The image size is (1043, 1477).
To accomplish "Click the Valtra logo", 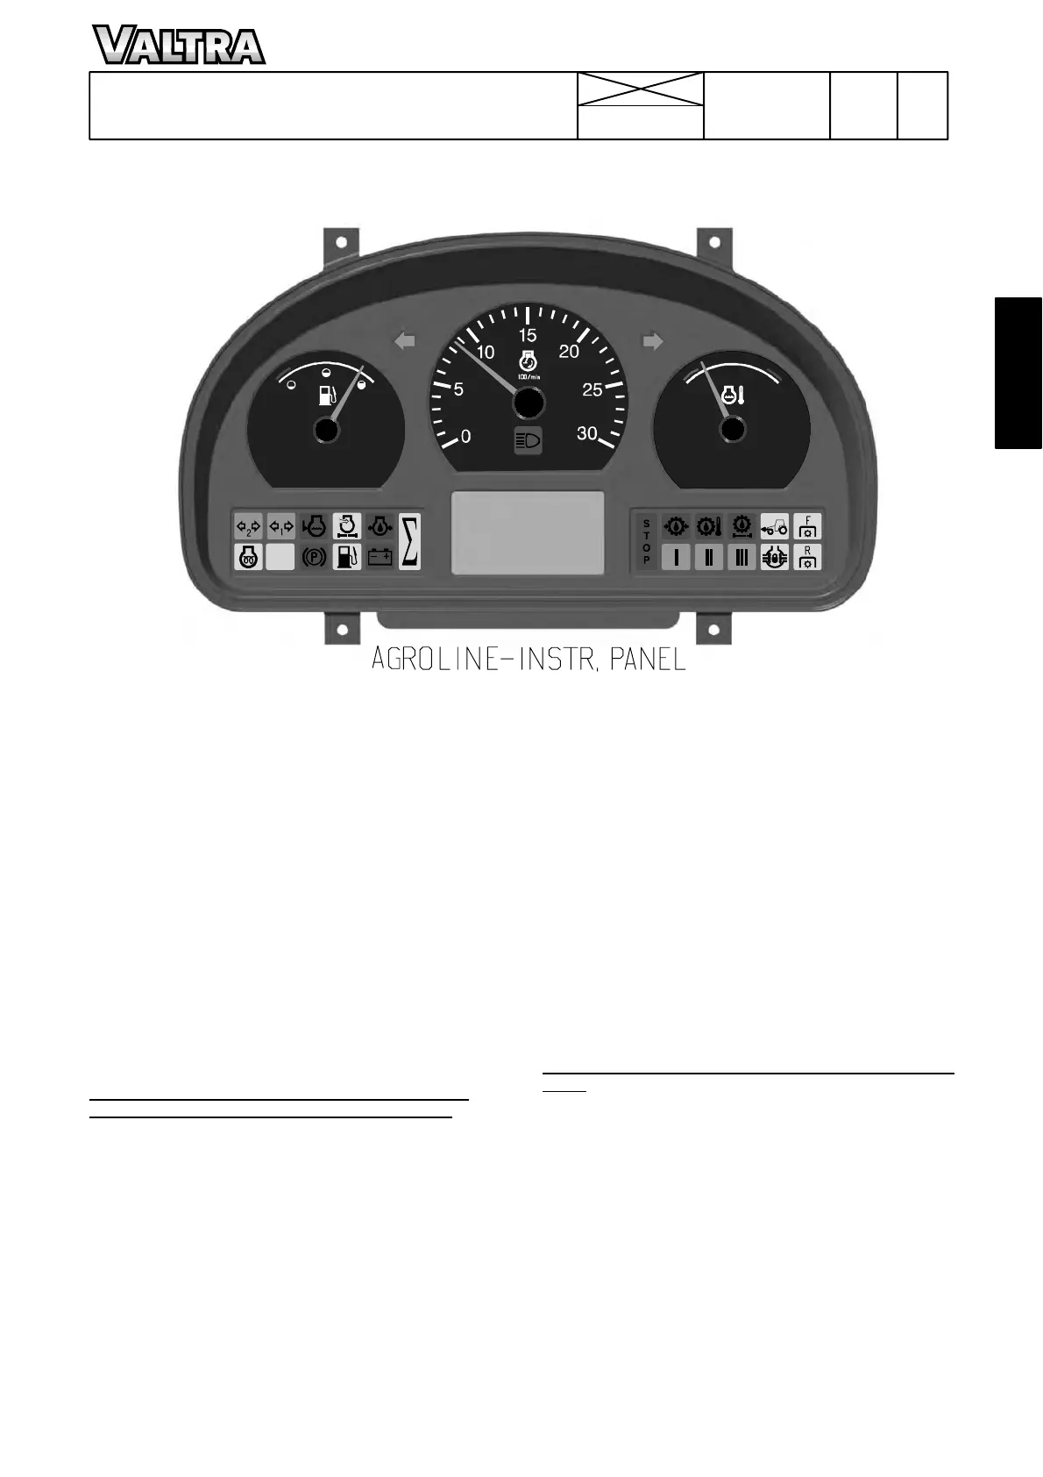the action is pos(179,46).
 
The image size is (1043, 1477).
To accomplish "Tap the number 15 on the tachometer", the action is pos(527,335).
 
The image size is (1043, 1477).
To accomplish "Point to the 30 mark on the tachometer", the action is pos(587,432).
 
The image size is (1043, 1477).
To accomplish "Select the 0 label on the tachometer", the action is pos(465,436).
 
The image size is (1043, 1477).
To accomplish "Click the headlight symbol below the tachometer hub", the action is pos(528,441).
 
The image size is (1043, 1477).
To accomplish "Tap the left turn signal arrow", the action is pos(404,341).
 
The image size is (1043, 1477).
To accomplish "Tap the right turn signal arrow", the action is pos(653,341).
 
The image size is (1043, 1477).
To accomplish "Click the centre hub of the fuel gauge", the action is pos(325,430).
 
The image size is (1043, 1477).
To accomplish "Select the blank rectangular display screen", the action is pos(528,532).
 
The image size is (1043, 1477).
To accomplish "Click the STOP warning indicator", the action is pos(647,541).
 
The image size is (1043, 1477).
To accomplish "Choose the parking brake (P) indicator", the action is pos(314,557).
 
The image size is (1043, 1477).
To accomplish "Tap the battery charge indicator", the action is pos(380,557).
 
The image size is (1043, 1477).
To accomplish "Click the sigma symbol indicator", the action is pos(409,541).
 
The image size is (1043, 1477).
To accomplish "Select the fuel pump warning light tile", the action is pos(347,557).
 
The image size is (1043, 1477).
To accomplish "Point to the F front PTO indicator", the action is pos(807,525).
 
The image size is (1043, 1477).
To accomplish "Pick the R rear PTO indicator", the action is pos(807,557).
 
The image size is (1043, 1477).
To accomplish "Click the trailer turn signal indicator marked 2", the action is pos(248,526).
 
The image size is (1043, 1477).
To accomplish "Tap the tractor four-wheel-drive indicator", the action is pos(775,526).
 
